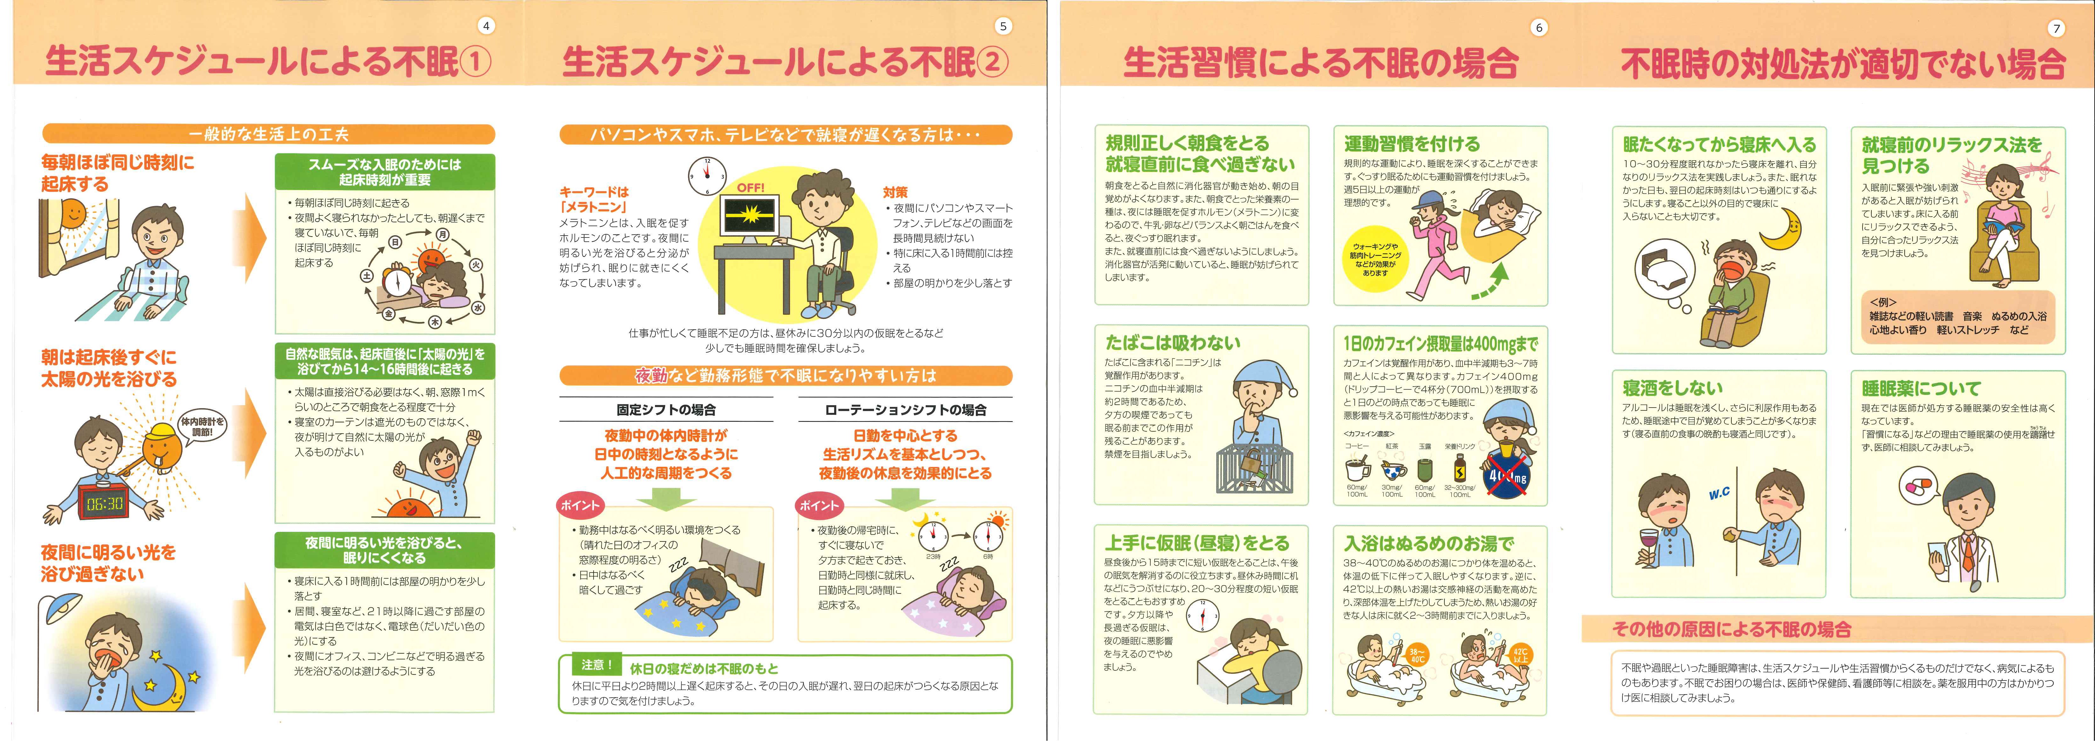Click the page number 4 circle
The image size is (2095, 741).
(486, 26)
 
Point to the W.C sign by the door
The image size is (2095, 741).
(1718, 494)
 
